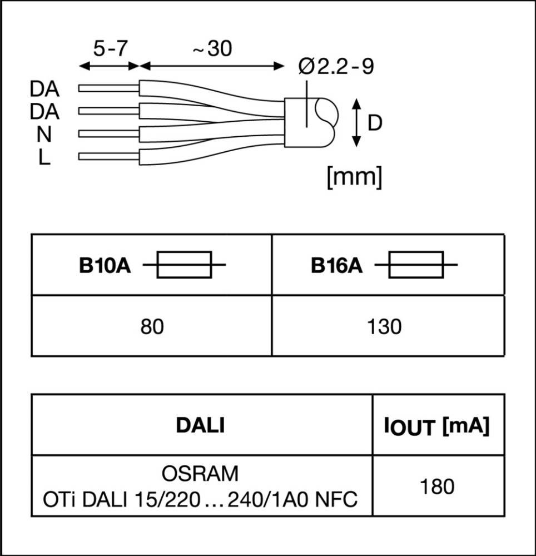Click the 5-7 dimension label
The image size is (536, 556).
[x=110, y=49]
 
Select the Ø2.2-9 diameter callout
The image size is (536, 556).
[x=336, y=67]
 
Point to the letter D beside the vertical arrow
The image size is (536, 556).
[x=375, y=123]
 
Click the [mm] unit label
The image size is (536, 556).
[x=355, y=177]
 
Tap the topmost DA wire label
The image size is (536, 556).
[x=44, y=88]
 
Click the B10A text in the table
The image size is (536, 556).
[x=105, y=266]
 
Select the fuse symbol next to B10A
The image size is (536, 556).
[x=184, y=265]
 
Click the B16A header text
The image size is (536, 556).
[x=336, y=266]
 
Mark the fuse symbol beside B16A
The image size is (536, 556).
[x=416, y=265]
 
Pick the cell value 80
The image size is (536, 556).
[x=152, y=327]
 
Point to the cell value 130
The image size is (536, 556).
[x=384, y=327]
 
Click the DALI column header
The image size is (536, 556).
[x=200, y=425]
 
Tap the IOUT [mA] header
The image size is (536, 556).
[x=437, y=427]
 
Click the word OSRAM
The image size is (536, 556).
[x=200, y=474]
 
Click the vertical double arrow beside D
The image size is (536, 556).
[x=356, y=123]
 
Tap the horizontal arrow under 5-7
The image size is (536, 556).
[x=109, y=66]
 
